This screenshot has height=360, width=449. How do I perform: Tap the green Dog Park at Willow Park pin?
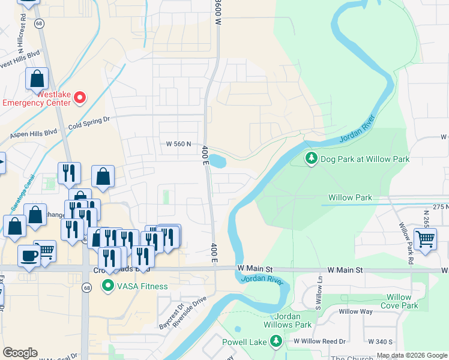point(311,158)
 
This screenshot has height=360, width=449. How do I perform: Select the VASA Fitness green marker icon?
point(108,286)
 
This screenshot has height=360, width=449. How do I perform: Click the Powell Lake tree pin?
point(276,341)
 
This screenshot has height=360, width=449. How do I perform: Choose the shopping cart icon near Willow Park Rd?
point(425,239)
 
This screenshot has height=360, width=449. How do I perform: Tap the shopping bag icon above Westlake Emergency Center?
point(37,78)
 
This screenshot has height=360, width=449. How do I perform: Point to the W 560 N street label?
point(179,144)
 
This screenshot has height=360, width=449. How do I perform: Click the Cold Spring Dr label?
point(89,123)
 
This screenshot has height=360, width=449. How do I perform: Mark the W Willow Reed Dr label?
point(319,341)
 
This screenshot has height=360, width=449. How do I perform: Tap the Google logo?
point(20,353)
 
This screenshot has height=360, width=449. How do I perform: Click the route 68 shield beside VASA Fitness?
point(88,289)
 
